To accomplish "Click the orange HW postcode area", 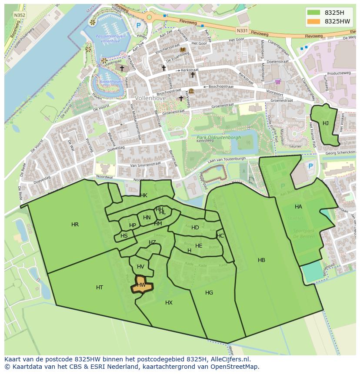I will click(142, 286).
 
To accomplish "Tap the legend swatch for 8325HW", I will click(313, 21).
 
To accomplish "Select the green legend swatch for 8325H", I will click(313, 13).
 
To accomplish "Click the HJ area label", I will click(326, 123).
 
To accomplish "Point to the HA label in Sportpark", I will click(298, 207).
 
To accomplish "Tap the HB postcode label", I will click(261, 260).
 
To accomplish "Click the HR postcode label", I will click(75, 225).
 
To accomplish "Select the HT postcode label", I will click(100, 288).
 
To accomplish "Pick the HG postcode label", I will click(209, 293).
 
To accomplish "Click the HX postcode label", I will click(169, 303).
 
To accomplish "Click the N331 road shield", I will click(242, 31).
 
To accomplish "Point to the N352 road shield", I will click(19, 15).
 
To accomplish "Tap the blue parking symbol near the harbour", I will click(138, 26).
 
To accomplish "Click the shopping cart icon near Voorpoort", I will click(278, 81).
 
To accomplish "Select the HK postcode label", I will click(143, 195).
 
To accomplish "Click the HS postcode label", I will click(124, 236).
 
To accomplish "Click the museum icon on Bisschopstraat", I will click(191, 91).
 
